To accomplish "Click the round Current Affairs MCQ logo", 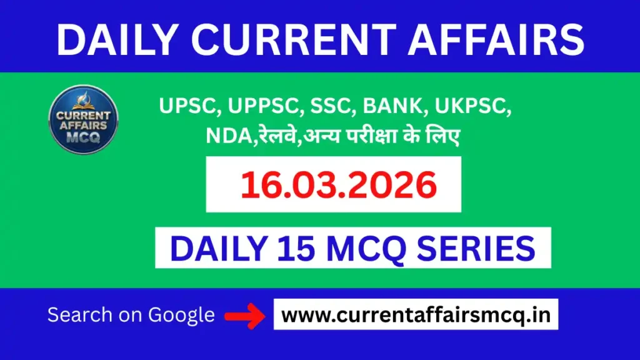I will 83,119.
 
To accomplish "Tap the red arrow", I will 245,316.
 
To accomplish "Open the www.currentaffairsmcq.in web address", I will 416,315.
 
